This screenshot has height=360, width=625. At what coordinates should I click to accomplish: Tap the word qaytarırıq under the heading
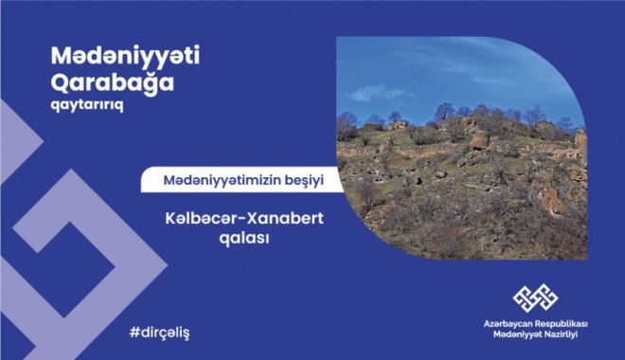(86, 105)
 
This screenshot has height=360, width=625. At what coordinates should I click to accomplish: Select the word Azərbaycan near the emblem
(507, 325)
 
